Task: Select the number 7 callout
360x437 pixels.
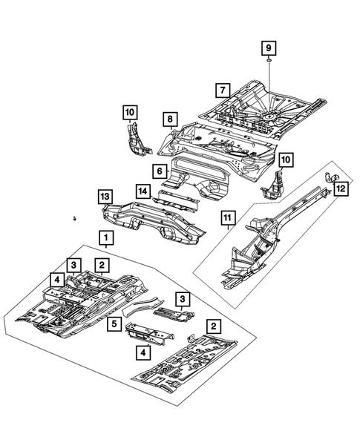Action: (x=221, y=91)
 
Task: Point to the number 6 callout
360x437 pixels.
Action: (x=159, y=171)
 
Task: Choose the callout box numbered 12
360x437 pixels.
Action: (x=339, y=189)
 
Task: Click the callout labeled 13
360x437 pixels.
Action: (x=105, y=196)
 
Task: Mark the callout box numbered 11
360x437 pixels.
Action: (x=229, y=217)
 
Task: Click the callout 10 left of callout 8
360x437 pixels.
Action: (x=131, y=112)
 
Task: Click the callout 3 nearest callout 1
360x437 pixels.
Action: (x=75, y=265)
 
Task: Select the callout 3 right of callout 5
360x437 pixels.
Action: (x=182, y=298)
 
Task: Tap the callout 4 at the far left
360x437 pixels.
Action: (x=56, y=279)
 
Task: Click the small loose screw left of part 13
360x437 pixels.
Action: (x=76, y=220)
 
